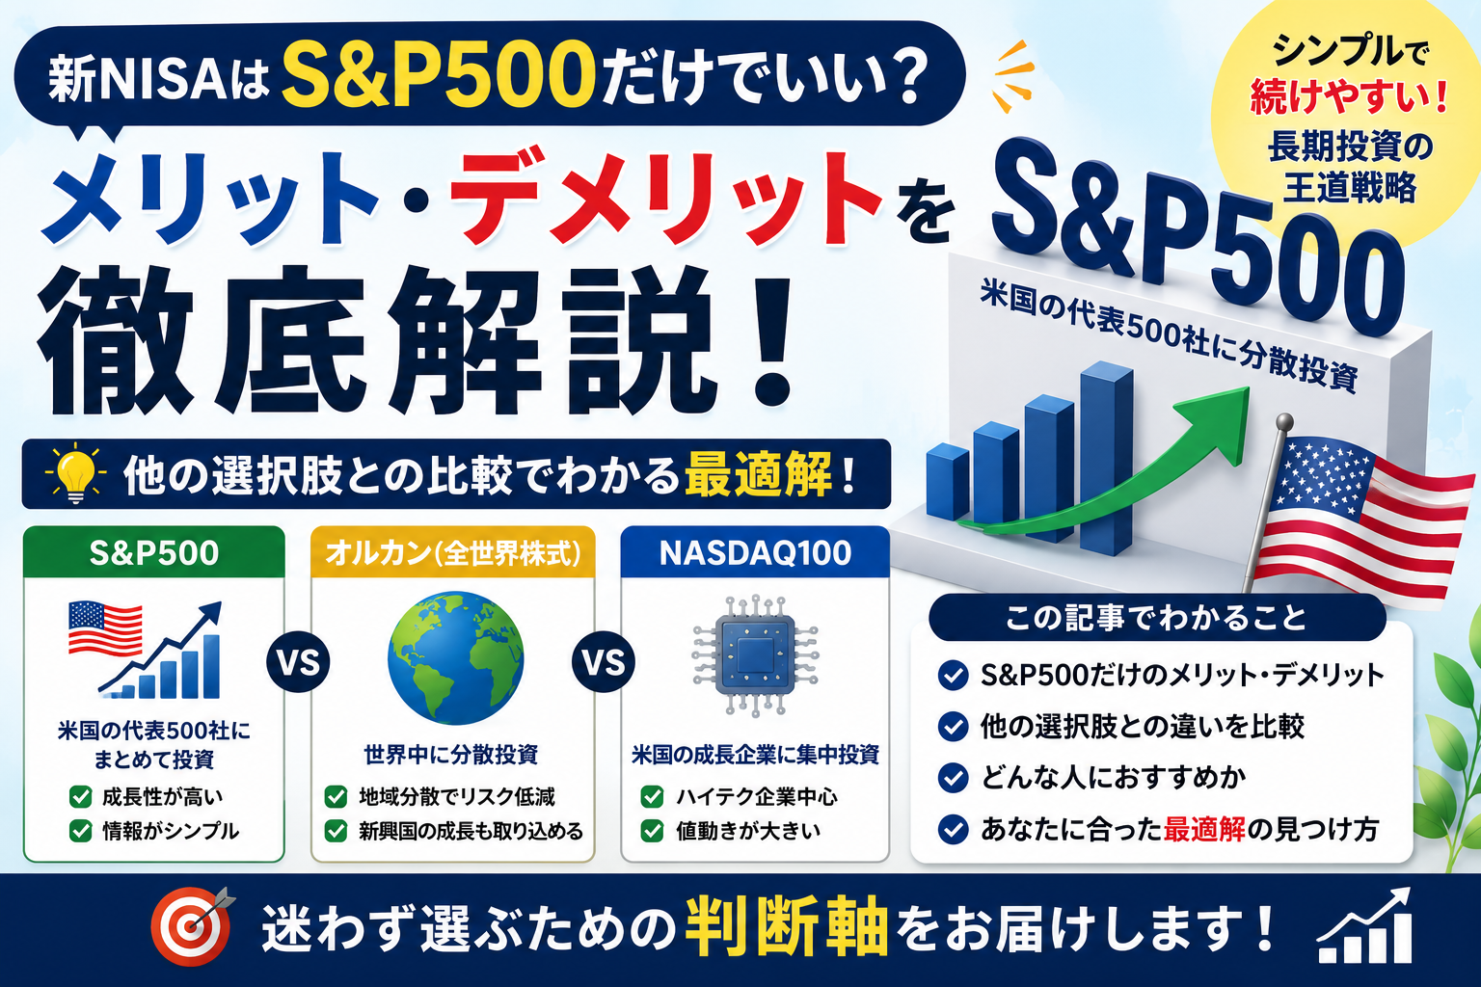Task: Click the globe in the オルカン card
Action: click(455, 657)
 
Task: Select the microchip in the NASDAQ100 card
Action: click(755, 655)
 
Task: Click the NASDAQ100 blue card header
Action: click(755, 552)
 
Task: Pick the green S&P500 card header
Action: click(154, 552)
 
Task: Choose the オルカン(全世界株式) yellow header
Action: click(453, 552)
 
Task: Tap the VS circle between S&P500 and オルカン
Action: click(298, 662)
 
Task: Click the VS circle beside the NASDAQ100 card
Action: click(604, 662)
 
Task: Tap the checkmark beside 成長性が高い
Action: click(81, 796)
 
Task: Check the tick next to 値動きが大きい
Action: click(653, 831)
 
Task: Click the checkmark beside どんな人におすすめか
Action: click(954, 778)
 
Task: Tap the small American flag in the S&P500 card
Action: click(105, 628)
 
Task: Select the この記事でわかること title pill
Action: click(1157, 618)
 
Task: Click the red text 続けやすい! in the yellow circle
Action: click(1349, 96)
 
